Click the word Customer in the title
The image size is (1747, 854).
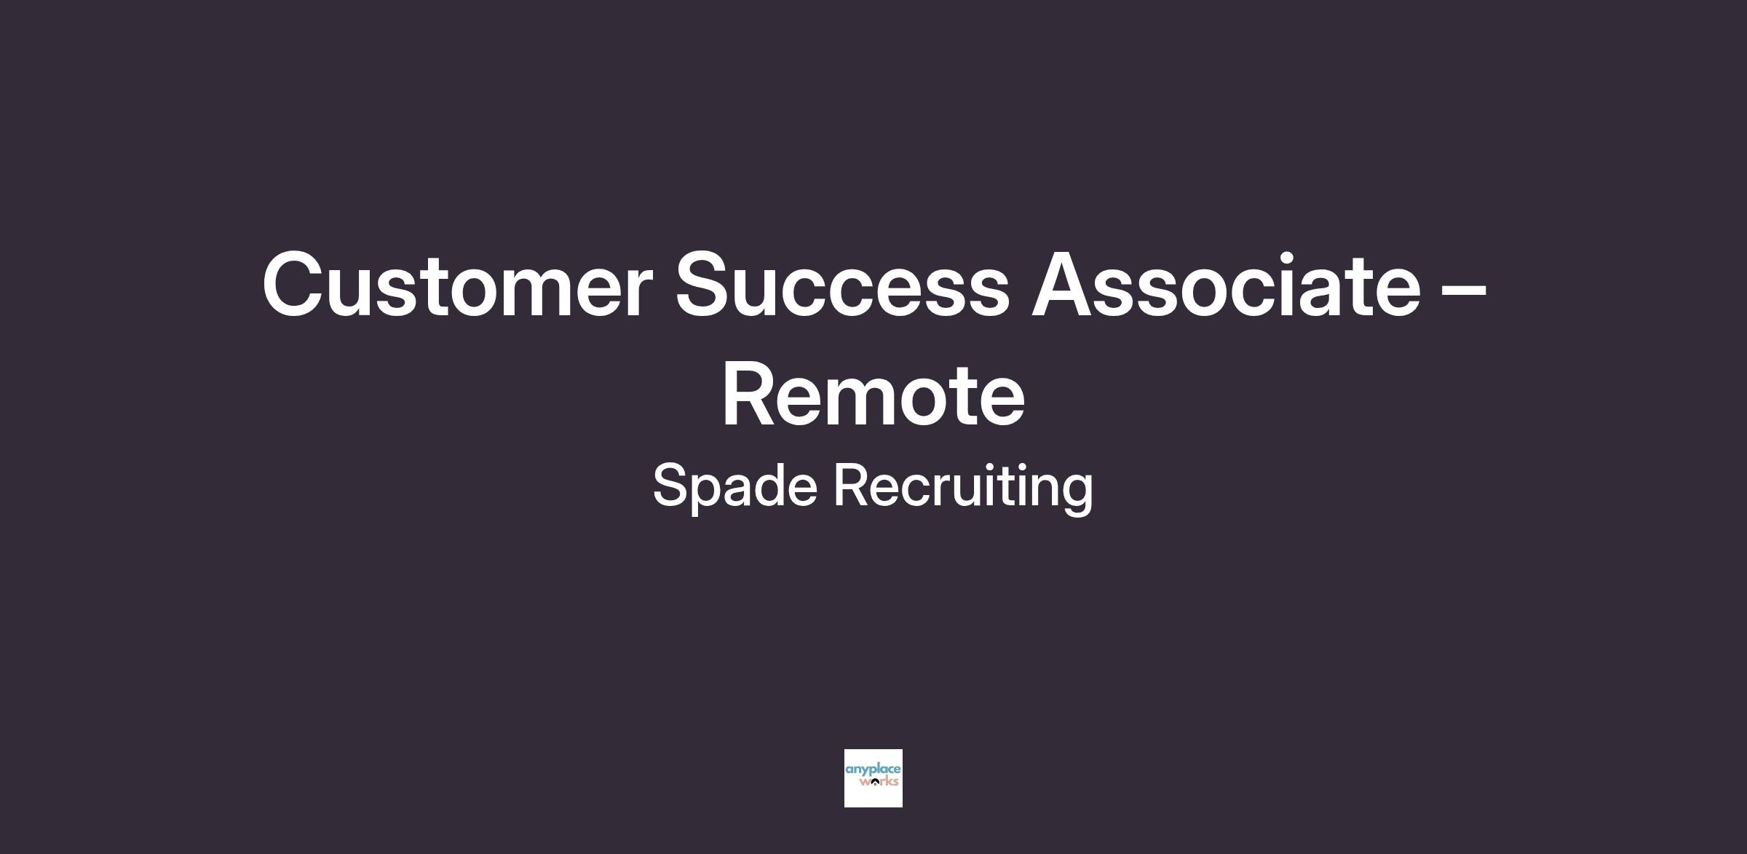(456, 284)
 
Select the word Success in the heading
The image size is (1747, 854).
(842, 284)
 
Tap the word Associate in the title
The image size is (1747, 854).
(1226, 284)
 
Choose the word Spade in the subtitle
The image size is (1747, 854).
(734, 486)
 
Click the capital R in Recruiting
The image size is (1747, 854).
(852, 484)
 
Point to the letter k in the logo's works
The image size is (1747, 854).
(888, 782)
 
